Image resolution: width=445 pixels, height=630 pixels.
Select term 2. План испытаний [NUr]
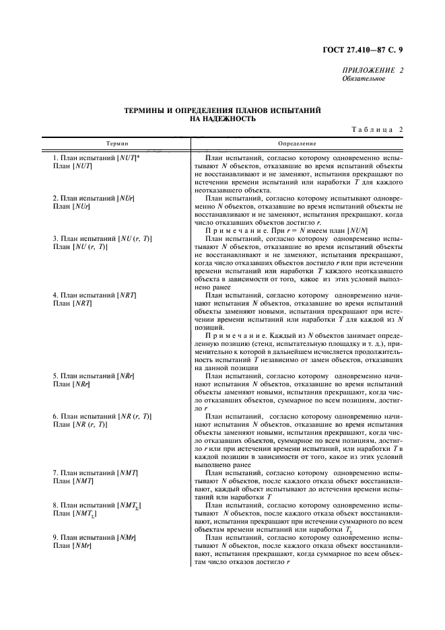(x=93, y=198)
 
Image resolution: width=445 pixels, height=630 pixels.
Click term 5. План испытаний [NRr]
(x=93, y=376)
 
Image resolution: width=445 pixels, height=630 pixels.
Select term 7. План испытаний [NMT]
(x=94, y=473)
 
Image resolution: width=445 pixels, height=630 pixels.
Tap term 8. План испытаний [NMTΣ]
(x=96, y=505)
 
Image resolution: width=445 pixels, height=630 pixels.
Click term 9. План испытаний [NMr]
(x=94, y=538)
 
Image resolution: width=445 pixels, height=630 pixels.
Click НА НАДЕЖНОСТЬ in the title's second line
(x=222, y=118)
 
